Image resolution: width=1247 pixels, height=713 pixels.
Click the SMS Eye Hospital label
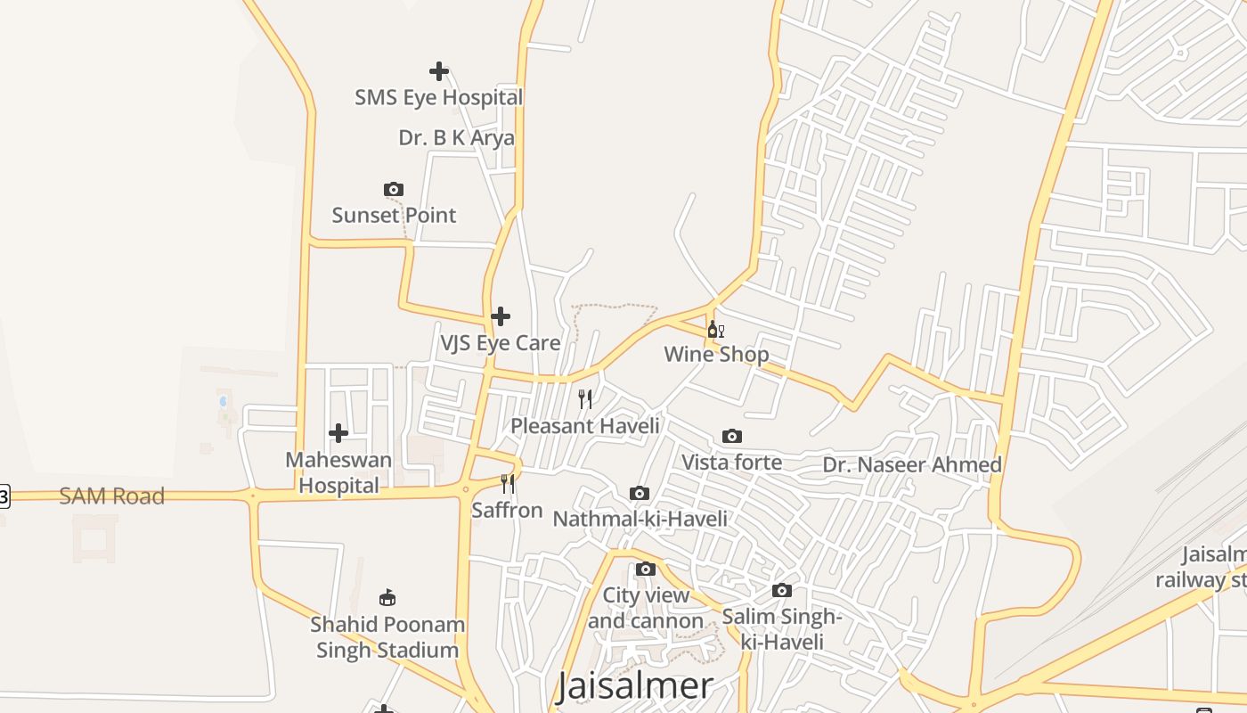(x=438, y=97)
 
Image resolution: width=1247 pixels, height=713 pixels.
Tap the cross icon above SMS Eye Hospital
(x=438, y=71)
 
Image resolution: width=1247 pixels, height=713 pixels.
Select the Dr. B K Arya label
(x=456, y=138)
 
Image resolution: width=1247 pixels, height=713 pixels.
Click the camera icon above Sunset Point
(x=394, y=189)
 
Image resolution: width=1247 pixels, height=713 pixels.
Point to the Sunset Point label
(x=394, y=215)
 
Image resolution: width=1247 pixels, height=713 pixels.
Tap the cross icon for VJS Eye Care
(x=501, y=316)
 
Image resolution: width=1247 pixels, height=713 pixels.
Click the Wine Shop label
(x=716, y=355)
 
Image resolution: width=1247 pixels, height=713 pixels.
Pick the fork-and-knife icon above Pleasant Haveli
(x=585, y=399)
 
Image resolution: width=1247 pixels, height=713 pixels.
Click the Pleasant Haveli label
(x=585, y=426)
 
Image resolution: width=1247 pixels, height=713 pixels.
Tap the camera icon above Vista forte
(x=732, y=436)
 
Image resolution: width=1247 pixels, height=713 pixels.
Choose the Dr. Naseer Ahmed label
(x=912, y=465)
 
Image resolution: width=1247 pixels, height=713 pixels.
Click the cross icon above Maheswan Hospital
(x=338, y=433)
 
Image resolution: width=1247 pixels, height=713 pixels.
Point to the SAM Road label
(x=112, y=496)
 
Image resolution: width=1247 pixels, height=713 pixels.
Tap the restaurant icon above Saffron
(x=508, y=484)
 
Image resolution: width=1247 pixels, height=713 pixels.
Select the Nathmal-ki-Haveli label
(x=640, y=519)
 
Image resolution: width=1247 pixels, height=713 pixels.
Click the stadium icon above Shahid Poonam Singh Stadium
(x=387, y=597)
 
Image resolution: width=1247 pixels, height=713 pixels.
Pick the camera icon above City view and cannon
(x=646, y=569)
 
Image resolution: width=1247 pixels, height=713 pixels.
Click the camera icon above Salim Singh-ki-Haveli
(x=782, y=590)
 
